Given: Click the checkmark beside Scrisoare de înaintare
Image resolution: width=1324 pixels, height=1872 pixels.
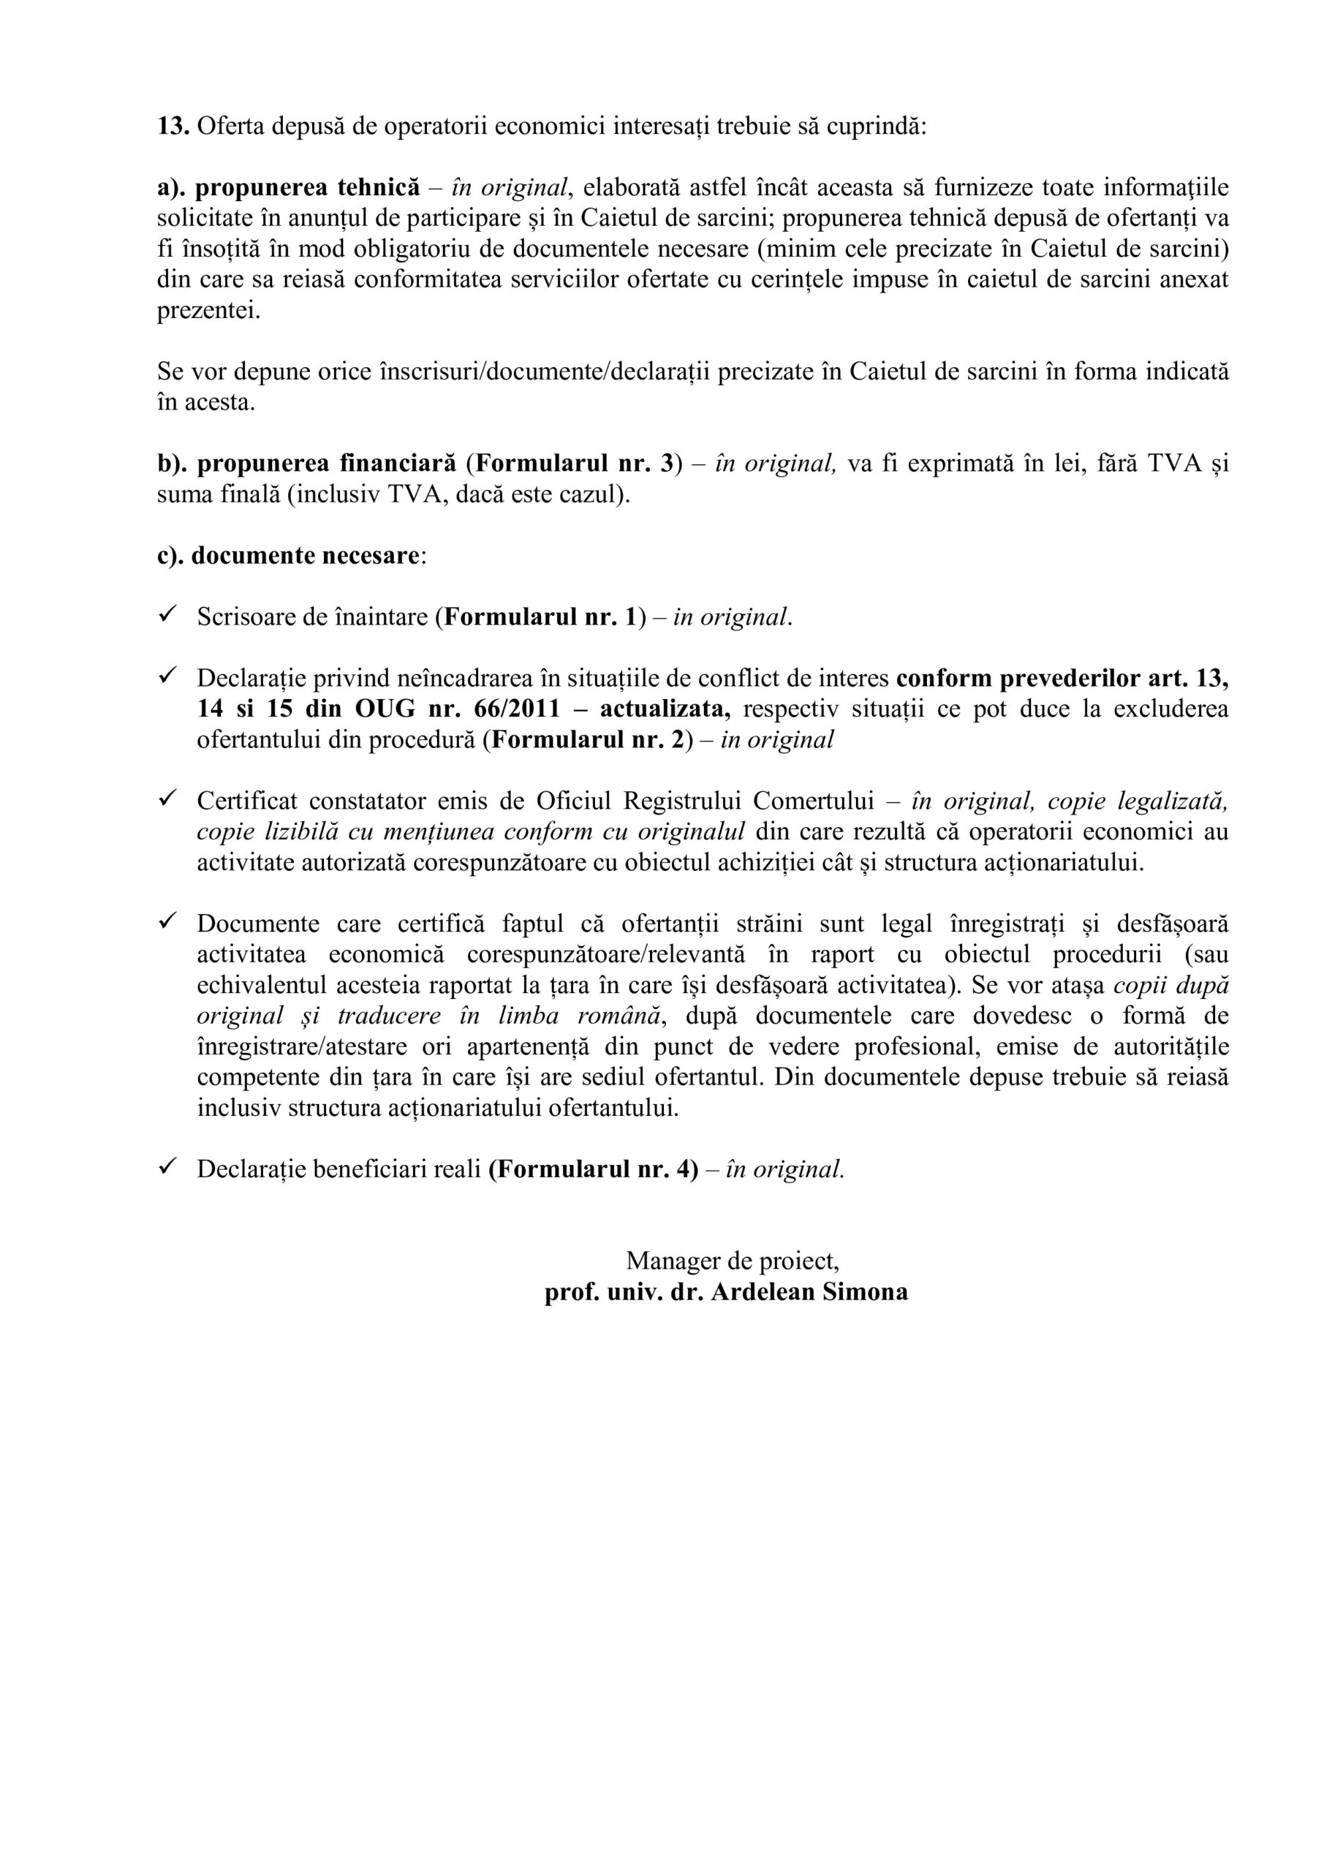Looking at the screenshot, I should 168,615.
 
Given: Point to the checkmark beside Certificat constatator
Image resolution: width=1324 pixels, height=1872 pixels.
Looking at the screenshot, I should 168,799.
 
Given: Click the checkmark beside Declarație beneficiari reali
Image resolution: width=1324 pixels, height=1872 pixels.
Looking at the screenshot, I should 168,1168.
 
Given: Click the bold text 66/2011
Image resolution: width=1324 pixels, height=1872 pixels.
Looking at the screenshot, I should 517,709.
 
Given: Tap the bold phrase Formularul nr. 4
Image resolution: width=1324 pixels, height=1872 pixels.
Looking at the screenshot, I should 594,1169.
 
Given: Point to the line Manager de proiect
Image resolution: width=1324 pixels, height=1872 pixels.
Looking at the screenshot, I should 732,1261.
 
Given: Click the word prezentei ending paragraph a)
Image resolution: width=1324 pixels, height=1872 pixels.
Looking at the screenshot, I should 208,311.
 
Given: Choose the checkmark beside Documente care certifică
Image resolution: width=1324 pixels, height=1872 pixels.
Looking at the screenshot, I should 168,922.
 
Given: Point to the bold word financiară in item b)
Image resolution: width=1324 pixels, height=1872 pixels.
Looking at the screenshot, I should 396,463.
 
